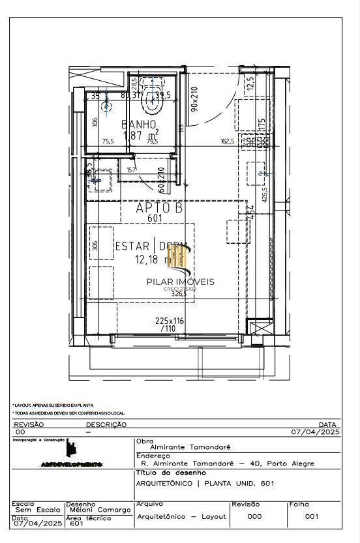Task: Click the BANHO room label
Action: [139, 124]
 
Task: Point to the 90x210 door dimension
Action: [194, 99]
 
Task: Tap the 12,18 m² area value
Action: [153, 259]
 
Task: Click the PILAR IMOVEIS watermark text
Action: [180, 282]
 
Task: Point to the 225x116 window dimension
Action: [170, 321]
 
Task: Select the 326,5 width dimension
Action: [178, 294]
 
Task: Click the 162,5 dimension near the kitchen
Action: [228, 141]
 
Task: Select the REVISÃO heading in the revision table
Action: [29, 424]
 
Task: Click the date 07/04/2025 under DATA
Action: [316, 432]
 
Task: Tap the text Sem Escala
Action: [37, 510]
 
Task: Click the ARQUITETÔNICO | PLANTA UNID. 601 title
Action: [205, 483]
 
